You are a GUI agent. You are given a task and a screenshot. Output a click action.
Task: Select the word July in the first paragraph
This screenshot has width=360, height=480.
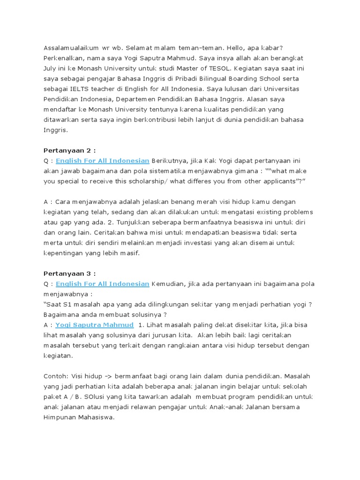tap(51, 68)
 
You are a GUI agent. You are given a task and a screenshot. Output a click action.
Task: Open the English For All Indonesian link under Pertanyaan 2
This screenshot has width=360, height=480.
tap(102, 161)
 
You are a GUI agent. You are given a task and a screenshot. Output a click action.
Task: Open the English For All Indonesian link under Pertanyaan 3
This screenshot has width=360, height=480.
tap(102, 284)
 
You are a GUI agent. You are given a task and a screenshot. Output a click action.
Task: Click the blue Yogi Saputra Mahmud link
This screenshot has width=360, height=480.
tap(94, 325)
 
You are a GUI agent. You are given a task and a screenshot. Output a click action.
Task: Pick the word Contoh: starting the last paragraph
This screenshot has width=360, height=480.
tap(56, 376)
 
